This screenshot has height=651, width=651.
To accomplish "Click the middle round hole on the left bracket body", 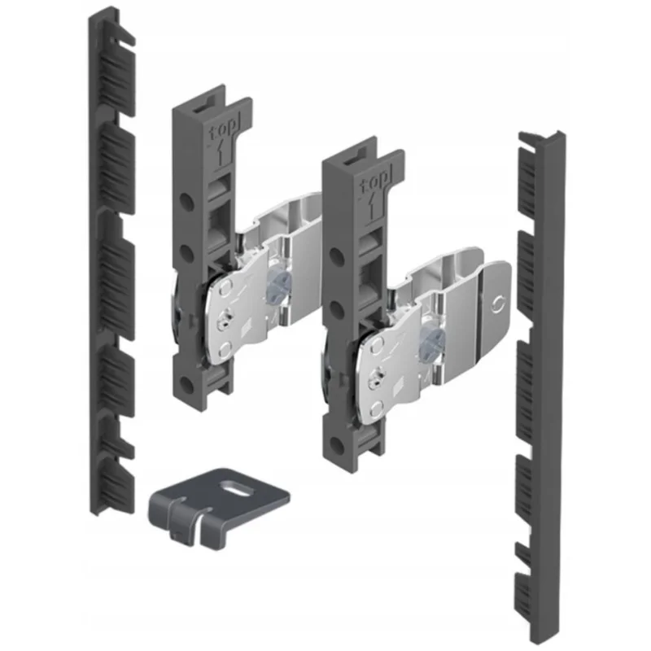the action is pyautogui.click(x=187, y=251).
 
